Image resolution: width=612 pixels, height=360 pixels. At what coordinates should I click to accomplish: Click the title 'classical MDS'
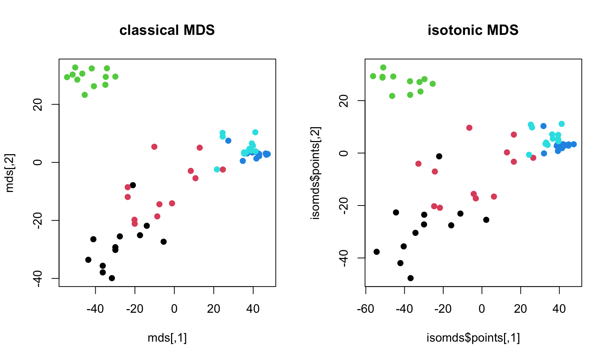tap(167, 30)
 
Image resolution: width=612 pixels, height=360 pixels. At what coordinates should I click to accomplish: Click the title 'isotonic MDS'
tap(473, 30)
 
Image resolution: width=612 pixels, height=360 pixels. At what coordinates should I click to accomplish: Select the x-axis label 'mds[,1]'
tap(167, 338)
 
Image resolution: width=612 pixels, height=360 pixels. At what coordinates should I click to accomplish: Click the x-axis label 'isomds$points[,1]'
tap(473, 338)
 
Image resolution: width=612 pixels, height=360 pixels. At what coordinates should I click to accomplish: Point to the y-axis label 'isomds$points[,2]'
tap(316, 173)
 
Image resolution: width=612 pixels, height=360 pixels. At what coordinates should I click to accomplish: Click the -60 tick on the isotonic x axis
tap(366, 309)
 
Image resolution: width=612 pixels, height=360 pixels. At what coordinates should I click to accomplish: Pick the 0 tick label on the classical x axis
tap(174, 309)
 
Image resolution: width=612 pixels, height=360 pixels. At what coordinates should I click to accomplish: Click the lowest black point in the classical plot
tap(112, 278)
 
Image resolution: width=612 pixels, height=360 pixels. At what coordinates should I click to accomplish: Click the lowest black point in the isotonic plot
tap(411, 278)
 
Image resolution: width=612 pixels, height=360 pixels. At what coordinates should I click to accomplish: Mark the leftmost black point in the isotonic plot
tap(376, 252)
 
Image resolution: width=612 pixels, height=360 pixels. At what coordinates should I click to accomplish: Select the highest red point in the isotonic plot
tap(469, 128)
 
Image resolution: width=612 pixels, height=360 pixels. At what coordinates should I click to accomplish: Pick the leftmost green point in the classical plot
tap(67, 77)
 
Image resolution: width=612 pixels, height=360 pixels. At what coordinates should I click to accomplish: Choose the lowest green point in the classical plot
tap(85, 95)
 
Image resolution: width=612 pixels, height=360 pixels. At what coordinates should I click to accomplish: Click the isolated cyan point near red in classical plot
tap(217, 169)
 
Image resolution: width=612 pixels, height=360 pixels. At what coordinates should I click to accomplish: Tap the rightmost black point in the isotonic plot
tap(486, 220)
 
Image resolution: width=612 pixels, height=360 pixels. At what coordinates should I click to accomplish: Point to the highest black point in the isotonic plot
tap(439, 156)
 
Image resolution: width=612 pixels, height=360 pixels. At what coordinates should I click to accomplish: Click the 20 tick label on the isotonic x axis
tap(520, 309)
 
